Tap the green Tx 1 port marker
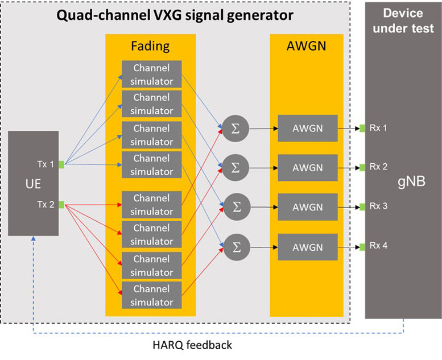61,165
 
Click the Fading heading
150,45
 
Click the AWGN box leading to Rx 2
307,168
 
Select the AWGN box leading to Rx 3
307,207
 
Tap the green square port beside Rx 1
361,128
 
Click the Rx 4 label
378,246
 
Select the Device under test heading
403,20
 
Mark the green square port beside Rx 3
361,207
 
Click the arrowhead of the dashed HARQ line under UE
34,239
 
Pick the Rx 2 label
378,167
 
